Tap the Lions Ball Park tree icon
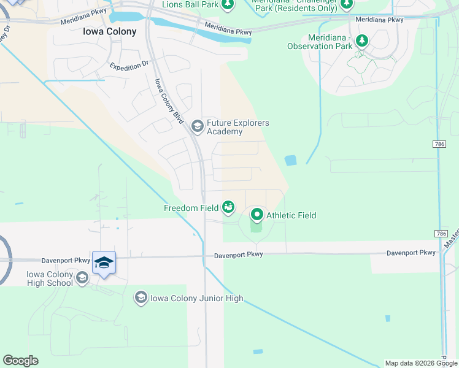(x=228, y=4)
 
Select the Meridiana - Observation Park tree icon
(x=362, y=40)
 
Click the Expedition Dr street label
(x=129, y=64)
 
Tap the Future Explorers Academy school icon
(x=197, y=127)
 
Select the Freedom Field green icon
(x=228, y=208)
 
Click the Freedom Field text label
(x=191, y=208)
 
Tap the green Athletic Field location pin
(x=256, y=215)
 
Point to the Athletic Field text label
(x=291, y=215)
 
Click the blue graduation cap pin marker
(x=104, y=263)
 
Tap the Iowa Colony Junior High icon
(x=141, y=298)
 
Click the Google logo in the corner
(x=20, y=361)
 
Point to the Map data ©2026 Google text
(x=421, y=363)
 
